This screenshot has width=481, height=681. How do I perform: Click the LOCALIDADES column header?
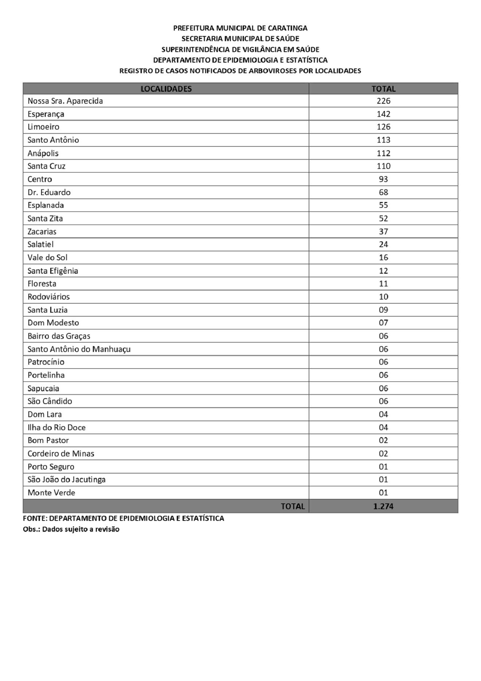tap(166, 89)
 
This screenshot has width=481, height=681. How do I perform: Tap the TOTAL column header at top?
tap(383, 89)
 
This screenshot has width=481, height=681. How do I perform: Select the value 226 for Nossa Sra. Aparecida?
tap(383, 101)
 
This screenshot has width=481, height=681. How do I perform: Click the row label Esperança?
tap(46, 114)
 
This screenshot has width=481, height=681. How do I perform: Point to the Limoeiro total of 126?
tap(383, 127)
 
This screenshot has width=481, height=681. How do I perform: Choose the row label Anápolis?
tap(43, 153)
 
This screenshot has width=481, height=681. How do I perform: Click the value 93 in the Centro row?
tap(383, 179)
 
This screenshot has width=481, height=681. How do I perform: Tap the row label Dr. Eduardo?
tap(49, 192)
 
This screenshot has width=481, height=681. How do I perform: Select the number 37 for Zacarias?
tap(383, 231)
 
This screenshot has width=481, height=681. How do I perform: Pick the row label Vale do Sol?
tap(48, 258)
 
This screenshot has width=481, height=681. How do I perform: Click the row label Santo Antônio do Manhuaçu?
tap(79, 349)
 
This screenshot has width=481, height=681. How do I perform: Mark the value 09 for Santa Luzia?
tap(383, 310)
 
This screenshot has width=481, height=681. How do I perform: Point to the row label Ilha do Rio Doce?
tap(56, 427)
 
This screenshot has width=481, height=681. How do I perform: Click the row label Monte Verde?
tap(51, 493)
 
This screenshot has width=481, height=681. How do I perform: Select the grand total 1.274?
tap(383, 506)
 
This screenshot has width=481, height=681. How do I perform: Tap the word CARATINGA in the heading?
tap(288, 28)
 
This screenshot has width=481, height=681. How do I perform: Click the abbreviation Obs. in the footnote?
tap(31, 529)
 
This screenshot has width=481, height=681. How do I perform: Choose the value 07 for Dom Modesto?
tap(383, 323)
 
